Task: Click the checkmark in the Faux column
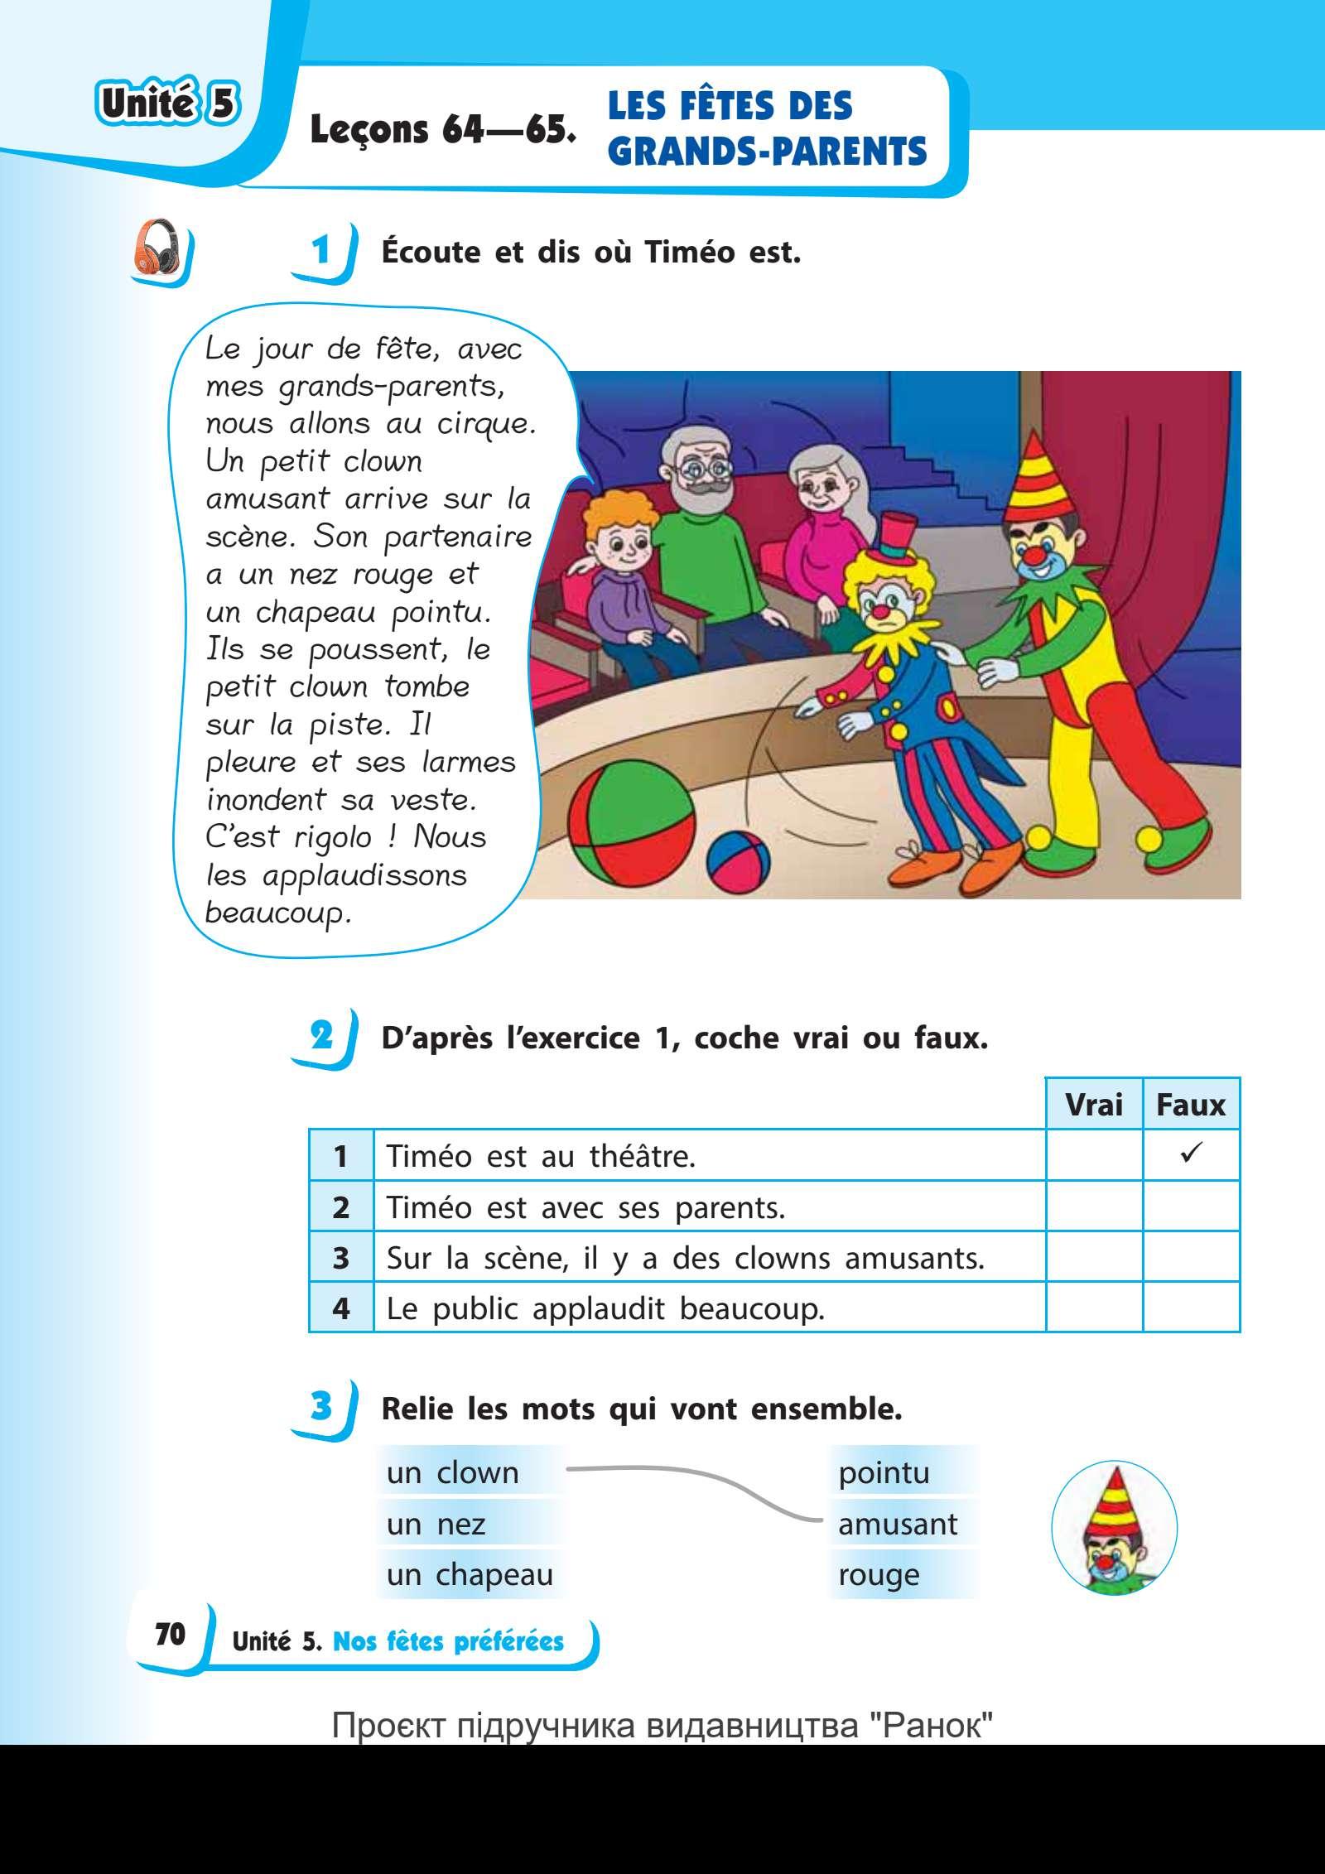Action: pyautogui.click(x=1191, y=1154)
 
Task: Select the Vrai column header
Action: pyautogui.click(x=1093, y=1105)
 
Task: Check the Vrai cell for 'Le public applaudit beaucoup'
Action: pyautogui.click(x=1093, y=1308)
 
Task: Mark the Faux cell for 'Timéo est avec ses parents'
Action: pyautogui.click(x=1191, y=1207)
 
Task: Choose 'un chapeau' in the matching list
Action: pyautogui.click(x=470, y=1574)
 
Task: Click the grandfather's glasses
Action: pyautogui.click(x=696, y=469)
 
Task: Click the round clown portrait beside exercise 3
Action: pyautogui.click(x=1114, y=1525)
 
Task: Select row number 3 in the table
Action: pyautogui.click(x=340, y=1258)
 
